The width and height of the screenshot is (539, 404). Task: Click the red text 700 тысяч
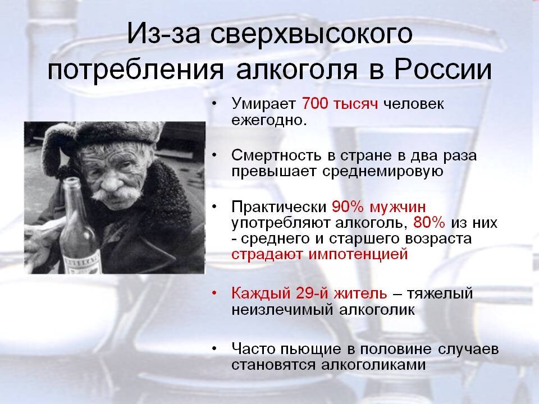pyautogui.click(x=339, y=104)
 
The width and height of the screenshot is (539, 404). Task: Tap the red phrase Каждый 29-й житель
pyautogui.click(x=309, y=293)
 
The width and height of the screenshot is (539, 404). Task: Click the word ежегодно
pyautogui.click(x=268, y=120)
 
